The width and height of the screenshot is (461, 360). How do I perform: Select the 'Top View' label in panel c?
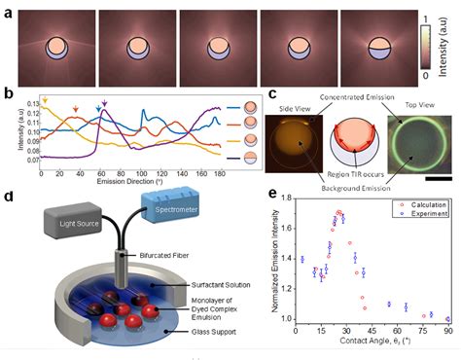[414, 106]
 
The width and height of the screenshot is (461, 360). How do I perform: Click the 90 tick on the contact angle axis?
[447, 333]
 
